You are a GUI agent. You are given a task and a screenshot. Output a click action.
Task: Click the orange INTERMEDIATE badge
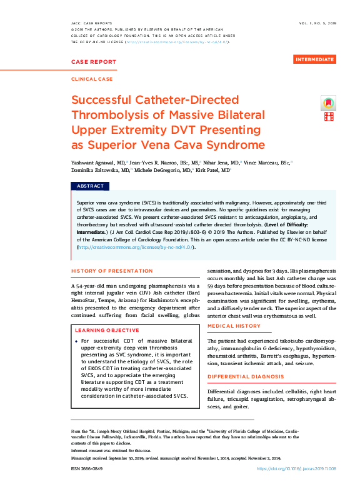[314, 59]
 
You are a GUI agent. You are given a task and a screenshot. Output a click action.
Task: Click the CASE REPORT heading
[94, 62]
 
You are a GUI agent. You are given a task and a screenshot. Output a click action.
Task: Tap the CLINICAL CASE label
[92, 80]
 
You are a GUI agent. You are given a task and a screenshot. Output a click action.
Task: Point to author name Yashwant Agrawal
[96, 161]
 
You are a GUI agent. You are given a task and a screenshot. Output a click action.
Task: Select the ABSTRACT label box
[90, 186]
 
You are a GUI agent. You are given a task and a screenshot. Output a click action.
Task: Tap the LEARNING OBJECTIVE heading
[106, 330]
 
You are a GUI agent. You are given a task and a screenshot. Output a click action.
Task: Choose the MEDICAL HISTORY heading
[234, 326]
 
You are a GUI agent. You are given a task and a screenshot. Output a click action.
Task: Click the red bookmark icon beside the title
[329, 102]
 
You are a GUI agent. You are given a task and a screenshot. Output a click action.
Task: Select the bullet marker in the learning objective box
[76, 341]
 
